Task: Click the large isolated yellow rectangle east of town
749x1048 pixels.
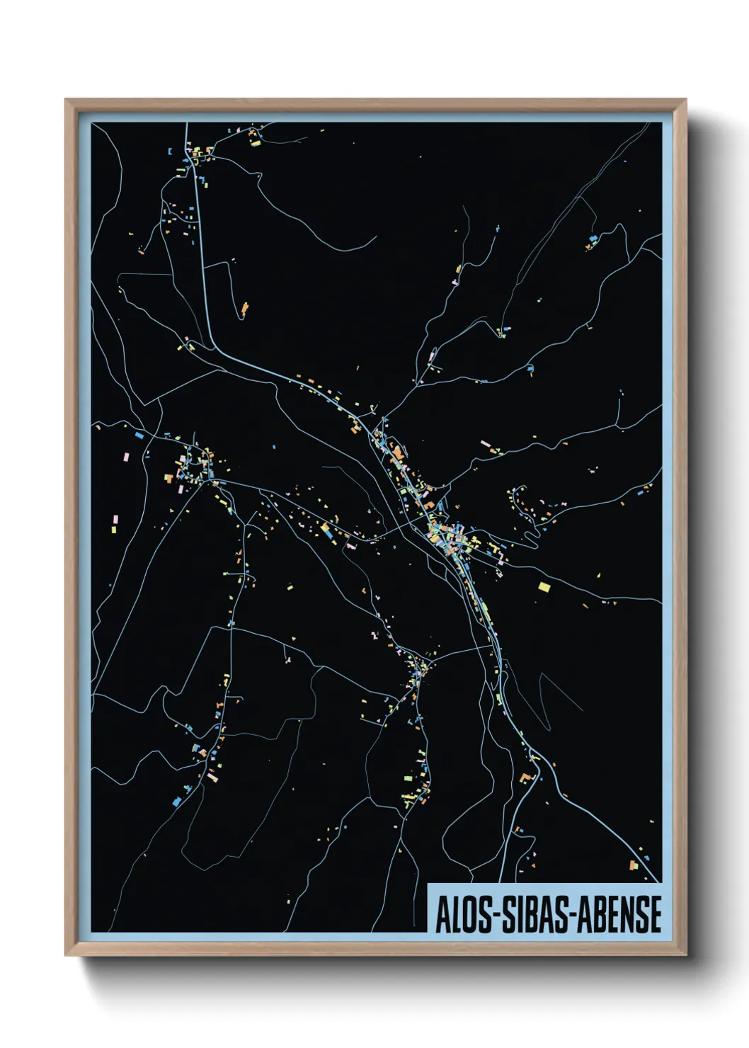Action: (544, 586)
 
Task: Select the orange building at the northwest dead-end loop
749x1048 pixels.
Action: (245, 308)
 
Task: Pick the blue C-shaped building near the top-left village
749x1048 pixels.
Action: (170, 151)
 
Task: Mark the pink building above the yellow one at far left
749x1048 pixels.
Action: (115, 520)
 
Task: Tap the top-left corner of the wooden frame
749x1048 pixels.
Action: (66, 100)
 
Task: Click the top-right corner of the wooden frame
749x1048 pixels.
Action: (685, 100)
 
